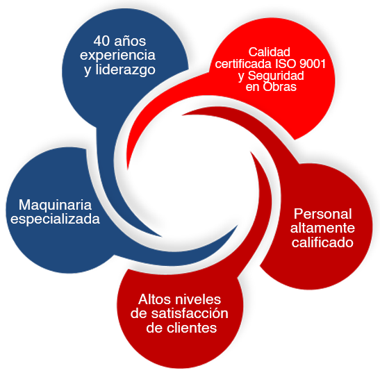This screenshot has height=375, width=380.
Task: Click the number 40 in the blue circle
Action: point(101,41)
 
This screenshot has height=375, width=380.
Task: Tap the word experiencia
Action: point(117,56)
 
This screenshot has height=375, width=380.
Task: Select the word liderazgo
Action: point(125,70)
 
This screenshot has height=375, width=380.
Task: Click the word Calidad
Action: point(270,52)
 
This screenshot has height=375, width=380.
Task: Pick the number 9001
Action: point(313,64)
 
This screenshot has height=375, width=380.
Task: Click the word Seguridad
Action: point(276,76)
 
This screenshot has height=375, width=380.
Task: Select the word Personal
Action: point(322,214)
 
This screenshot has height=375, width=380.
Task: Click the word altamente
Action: point(322,228)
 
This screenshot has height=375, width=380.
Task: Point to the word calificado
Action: point(322,242)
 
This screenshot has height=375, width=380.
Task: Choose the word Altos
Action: point(154,299)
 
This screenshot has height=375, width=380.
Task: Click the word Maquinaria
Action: point(56,205)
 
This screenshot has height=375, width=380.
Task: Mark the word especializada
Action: point(56,219)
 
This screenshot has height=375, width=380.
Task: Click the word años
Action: point(130,41)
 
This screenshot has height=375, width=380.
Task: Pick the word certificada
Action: point(243,64)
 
